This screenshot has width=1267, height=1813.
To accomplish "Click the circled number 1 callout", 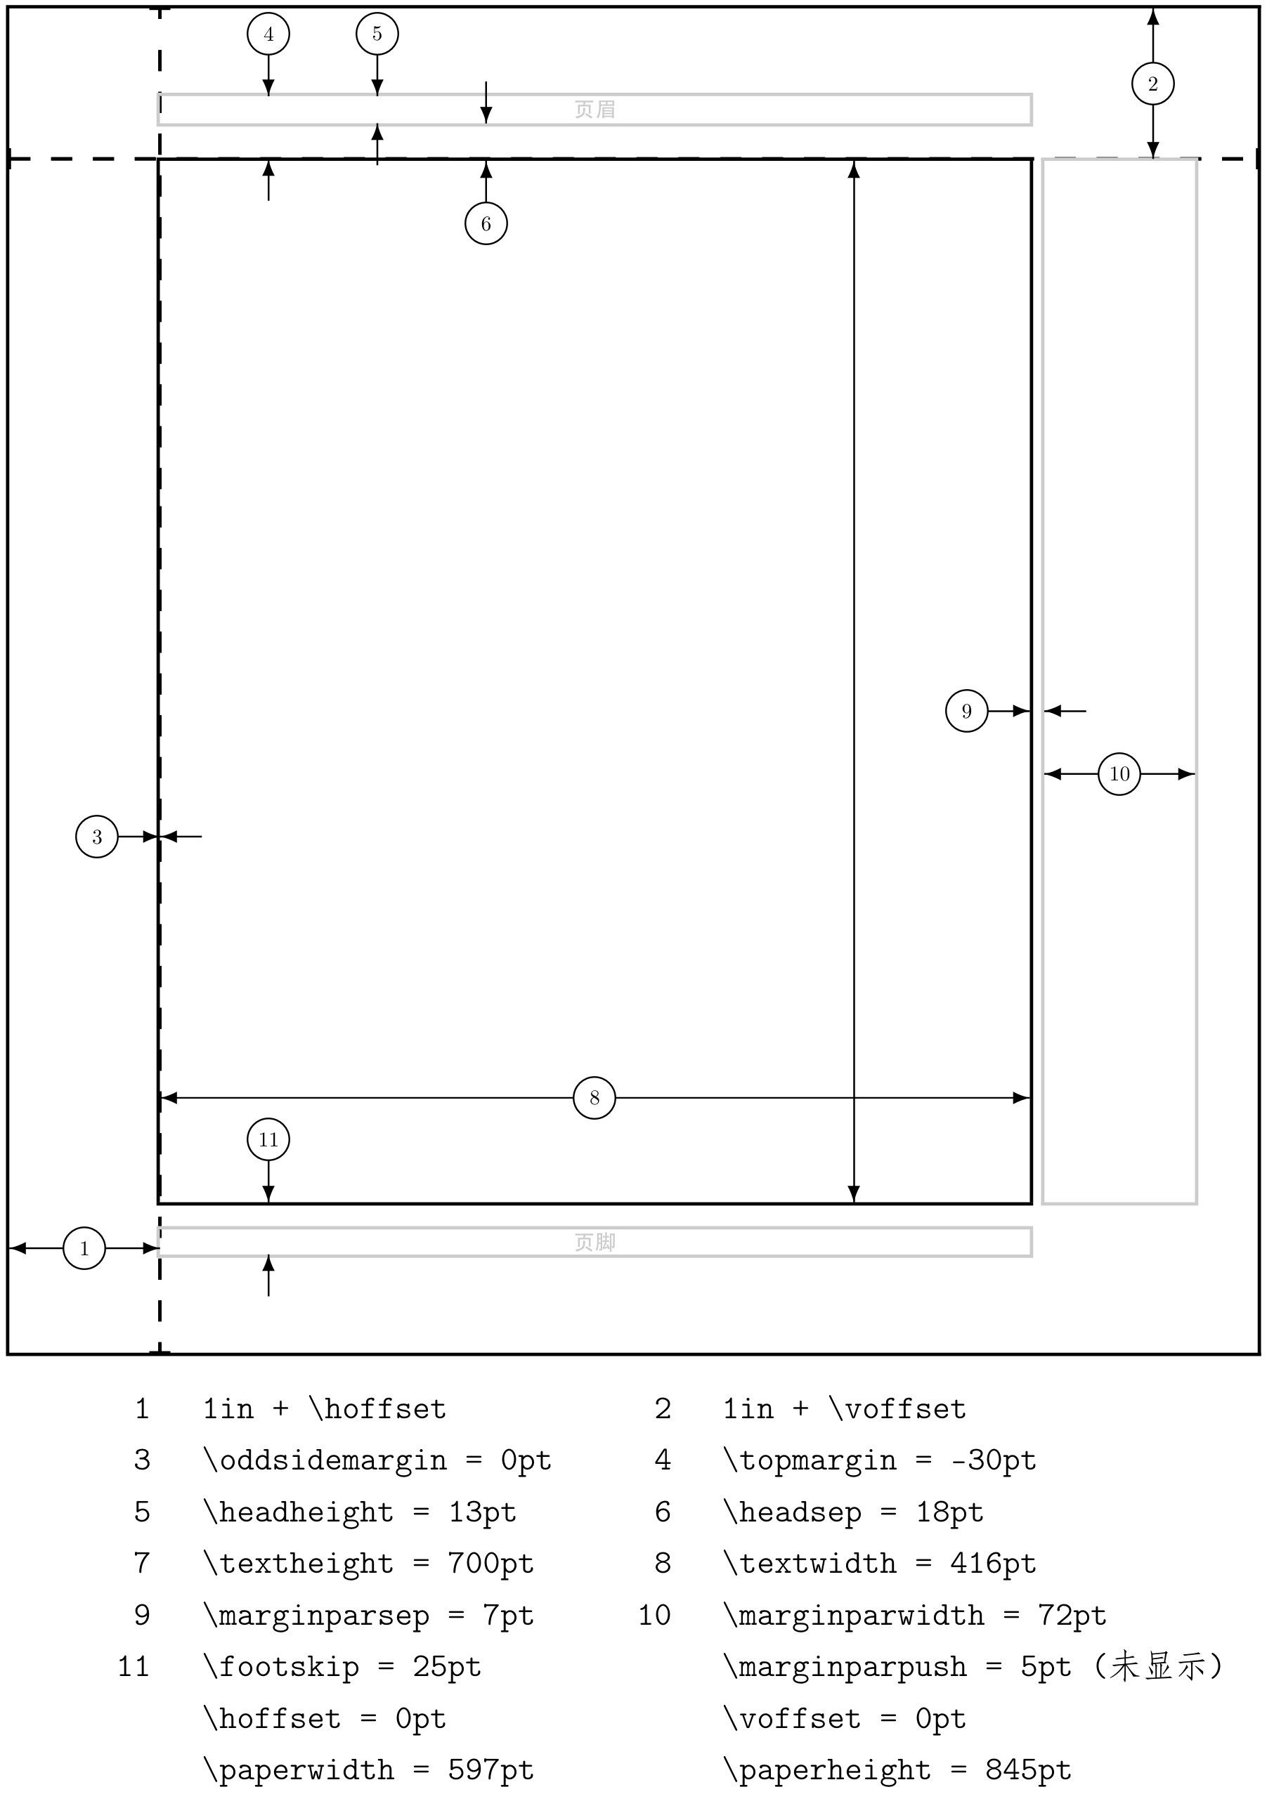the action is pyautogui.click(x=84, y=1248).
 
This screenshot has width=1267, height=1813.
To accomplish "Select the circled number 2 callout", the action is pyautogui.click(x=1152, y=84).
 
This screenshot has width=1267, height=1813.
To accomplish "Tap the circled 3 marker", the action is pyautogui.click(x=96, y=836).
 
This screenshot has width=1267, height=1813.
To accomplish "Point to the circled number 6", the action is pyautogui.click(x=486, y=223).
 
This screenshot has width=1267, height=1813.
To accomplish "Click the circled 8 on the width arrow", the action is pyautogui.click(x=594, y=1098).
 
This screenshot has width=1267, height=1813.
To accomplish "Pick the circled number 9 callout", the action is pyautogui.click(x=966, y=711).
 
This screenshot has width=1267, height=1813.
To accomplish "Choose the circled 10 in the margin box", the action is pyautogui.click(x=1119, y=774).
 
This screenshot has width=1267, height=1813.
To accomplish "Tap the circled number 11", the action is pyautogui.click(x=268, y=1139).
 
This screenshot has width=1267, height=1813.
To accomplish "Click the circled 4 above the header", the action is pyautogui.click(x=268, y=34).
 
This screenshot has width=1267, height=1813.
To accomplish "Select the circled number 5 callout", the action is pyautogui.click(x=377, y=34).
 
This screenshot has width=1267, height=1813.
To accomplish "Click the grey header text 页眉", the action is pyautogui.click(x=594, y=109).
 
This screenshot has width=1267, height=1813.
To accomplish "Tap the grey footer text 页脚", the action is pyautogui.click(x=594, y=1242).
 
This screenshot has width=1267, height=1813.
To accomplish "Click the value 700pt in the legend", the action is pyautogui.click(x=490, y=1563).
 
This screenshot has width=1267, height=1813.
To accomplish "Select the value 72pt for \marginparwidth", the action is pyautogui.click(x=1072, y=1615).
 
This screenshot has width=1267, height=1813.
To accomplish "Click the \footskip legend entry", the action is pyautogui.click(x=281, y=1667).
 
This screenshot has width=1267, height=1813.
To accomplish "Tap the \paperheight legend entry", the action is pyautogui.click(x=827, y=1769).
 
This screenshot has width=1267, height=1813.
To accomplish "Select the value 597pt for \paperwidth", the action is pyautogui.click(x=490, y=1769).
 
